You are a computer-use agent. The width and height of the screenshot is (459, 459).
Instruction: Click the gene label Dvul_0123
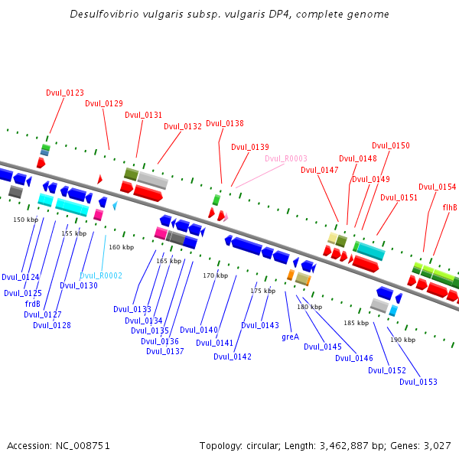point(65,93)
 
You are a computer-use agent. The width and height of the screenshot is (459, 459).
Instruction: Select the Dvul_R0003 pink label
point(286,158)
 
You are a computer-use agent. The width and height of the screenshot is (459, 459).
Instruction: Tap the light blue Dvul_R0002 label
point(101,275)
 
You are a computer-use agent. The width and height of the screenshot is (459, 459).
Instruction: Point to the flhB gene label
point(450,207)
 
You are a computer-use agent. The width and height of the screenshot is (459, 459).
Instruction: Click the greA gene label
point(290,337)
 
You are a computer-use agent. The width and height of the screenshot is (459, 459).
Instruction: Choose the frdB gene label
point(32,304)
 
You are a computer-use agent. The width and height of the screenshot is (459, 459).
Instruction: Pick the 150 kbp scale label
point(26,220)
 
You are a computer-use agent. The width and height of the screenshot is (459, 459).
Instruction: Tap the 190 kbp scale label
point(402,339)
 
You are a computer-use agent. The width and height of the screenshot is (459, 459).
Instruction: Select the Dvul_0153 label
point(418,382)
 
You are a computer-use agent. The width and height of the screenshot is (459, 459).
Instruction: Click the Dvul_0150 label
point(391,145)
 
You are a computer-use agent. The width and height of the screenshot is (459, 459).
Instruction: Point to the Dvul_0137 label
point(165,351)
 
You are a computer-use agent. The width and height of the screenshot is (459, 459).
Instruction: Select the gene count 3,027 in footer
point(438,445)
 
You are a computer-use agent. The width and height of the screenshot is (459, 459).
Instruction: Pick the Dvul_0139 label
point(250,147)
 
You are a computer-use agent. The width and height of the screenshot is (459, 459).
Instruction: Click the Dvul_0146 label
point(354,358)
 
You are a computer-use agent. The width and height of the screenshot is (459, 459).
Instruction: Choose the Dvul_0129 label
point(104,103)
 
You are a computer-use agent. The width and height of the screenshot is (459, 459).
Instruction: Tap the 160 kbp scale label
point(121,247)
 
